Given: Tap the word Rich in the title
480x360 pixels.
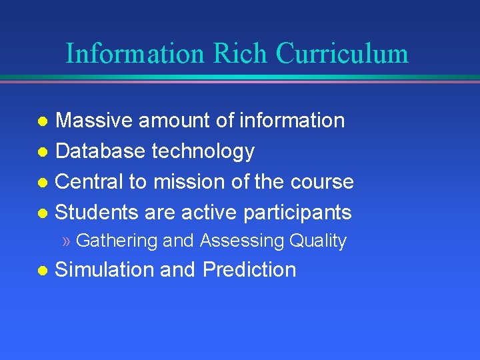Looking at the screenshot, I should [x=232, y=53].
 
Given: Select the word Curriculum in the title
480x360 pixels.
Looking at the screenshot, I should [x=343, y=53].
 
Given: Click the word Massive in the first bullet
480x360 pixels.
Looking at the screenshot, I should [x=93, y=121].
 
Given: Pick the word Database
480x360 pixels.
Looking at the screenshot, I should [x=101, y=151].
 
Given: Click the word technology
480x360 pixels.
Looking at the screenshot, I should [x=203, y=152].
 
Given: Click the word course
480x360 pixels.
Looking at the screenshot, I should [x=323, y=181].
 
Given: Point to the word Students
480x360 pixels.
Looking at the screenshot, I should [x=96, y=212].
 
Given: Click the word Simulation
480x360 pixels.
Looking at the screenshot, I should [x=104, y=269].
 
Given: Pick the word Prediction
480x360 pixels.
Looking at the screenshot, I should [x=249, y=269].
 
